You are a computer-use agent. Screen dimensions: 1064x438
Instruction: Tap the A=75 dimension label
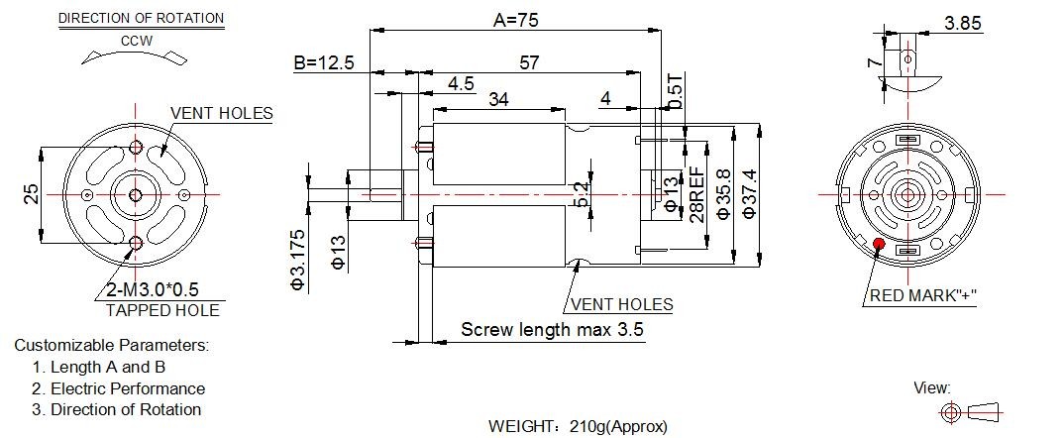tap(516, 21)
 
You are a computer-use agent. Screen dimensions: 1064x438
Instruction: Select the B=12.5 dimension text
tap(324, 63)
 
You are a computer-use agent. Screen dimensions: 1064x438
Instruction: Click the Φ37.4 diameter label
tap(749, 194)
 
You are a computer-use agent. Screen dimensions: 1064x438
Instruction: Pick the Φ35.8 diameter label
tap(723, 194)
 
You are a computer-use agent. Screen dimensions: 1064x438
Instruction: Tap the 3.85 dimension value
tap(963, 23)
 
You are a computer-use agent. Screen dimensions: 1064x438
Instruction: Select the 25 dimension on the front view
tap(30, 194)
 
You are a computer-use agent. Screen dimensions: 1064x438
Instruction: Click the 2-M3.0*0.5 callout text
tap(153, 290)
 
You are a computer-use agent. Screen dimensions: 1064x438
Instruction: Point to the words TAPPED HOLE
tap(162, 310)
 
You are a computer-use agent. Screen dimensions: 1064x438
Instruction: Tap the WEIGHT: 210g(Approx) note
tap(578, 426)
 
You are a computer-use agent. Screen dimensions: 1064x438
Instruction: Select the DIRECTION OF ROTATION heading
tap(141, 19)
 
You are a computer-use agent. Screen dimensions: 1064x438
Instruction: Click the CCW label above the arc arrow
tap(137, 41)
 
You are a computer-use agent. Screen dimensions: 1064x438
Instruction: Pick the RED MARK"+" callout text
tap(923, 295)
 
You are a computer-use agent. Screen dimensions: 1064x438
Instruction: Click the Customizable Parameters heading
tap(112, 345)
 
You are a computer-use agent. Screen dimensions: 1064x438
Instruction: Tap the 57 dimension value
tap(529, 63)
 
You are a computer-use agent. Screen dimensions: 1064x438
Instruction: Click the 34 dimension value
tap(498, 99)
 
